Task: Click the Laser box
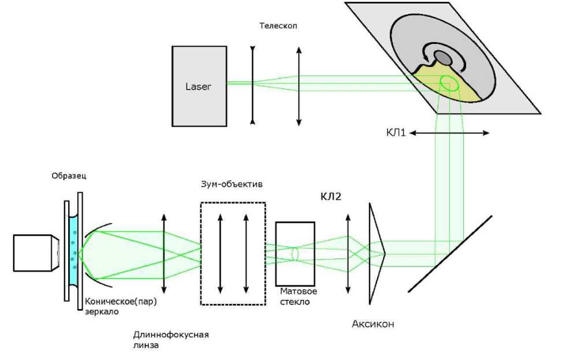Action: [199, 87]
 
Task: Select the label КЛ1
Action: [398, 132]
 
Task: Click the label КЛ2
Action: [331, 197]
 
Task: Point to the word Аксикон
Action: [373, 324]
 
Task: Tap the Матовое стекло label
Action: [299, 296]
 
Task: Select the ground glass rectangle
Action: [295, 253]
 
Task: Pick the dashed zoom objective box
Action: [233, 253]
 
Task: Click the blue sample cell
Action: [73, 252]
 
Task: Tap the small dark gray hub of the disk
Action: [442, 58]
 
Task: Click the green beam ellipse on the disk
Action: [450, 84]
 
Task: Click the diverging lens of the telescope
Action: [252, 86]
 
